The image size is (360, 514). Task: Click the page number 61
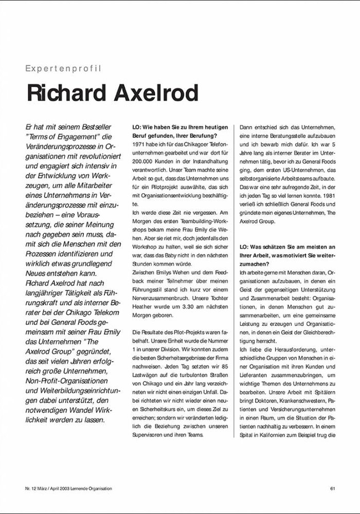333,488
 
